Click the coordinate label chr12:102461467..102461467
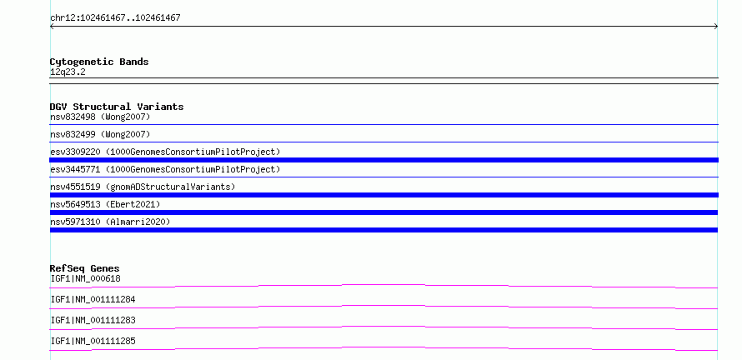[115, 18]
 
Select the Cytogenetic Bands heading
[99, 62]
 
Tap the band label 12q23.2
[68, 72]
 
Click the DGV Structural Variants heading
[117, 107]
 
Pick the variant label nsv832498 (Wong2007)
[100, 117]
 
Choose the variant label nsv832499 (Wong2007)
[100, 134]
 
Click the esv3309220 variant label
[165, 152]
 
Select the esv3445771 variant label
[165, 169]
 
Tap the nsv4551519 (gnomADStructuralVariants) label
[143, 187]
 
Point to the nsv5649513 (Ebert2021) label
[105, 204]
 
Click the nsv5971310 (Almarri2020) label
[110, 222]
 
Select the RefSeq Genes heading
[85, 268]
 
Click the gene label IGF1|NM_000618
[85, 278]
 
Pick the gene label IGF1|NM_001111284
[93, 299]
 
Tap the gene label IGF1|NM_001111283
[93, 320]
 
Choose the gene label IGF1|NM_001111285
[93, 341]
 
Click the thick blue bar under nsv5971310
[384, 230]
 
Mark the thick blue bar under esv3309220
[384, 160]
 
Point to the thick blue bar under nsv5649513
[384, 212]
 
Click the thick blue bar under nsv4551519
[384, 195]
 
